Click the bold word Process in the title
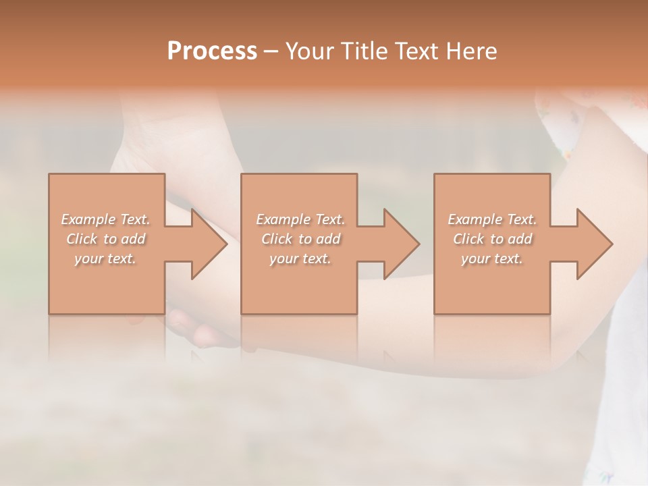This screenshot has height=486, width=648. (212, 51)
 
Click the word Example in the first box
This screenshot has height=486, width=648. (88, 219)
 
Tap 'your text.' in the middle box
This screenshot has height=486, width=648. (300, 259)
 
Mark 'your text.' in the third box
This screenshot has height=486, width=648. (491, 259)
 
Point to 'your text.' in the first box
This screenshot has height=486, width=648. (105, 259)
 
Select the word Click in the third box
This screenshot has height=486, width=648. (469, 239)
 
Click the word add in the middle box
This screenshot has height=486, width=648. (329, 239)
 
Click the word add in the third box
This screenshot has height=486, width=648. (520, 239)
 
